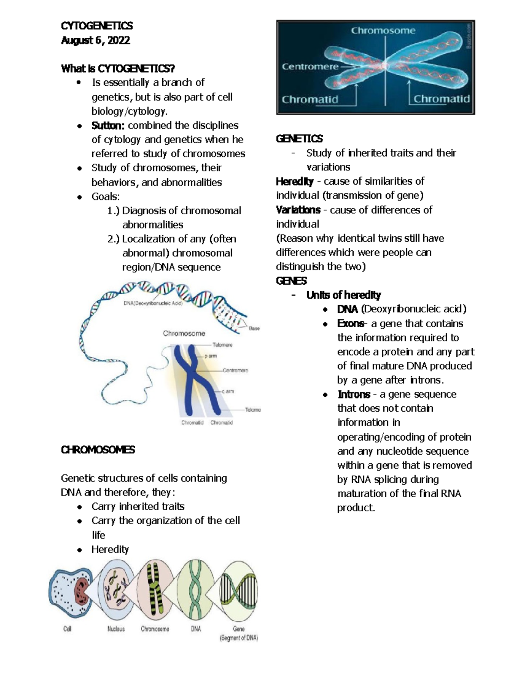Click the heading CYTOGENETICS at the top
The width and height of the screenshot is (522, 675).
[97, 26]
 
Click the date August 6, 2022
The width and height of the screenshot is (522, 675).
[95, 40]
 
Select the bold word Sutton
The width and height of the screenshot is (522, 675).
[108, 126]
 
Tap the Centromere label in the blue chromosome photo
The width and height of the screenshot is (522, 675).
[310, 67]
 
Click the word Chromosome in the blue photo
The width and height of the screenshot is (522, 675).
[383, 31]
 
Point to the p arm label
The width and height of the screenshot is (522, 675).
[211, 356]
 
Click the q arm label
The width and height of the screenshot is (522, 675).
[228, 391]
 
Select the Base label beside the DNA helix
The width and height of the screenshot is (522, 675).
[254, 329]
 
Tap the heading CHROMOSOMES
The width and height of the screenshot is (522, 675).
[98, 450]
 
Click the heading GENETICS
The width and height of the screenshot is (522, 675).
[299, 139]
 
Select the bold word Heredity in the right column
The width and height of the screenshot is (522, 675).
[294, 181]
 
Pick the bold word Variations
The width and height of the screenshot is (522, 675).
[298, 210]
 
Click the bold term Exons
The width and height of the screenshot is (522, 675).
[351, 324]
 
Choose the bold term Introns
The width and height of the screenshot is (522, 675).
[354, 395]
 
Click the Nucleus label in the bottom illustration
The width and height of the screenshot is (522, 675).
[116, 629]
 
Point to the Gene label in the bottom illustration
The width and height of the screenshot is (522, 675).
[239, 629]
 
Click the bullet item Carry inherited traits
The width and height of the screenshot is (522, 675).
[138, 507]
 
